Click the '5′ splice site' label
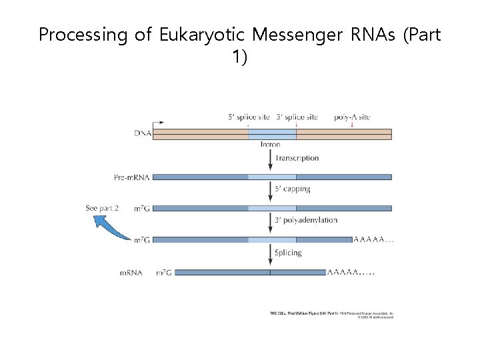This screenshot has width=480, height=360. [249, 117]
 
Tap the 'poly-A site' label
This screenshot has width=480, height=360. [353, 117]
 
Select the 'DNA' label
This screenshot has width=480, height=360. [143, 133]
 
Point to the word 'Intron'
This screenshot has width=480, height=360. [271, 144]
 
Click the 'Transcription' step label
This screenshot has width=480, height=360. [297, 159]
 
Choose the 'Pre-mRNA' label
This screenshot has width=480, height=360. [131, 177]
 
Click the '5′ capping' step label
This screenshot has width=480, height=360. [293, 189]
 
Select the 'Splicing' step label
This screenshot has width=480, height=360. [288, 253]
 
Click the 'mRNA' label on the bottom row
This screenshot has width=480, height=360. [131, 273]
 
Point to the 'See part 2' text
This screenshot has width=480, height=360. [103, 208]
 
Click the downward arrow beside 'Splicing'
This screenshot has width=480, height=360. [271, 255]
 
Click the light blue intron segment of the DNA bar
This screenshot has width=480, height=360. [272, 133]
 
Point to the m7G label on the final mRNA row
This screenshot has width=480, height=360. [163, 273]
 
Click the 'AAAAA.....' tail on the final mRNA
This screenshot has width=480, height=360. [351, 272]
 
